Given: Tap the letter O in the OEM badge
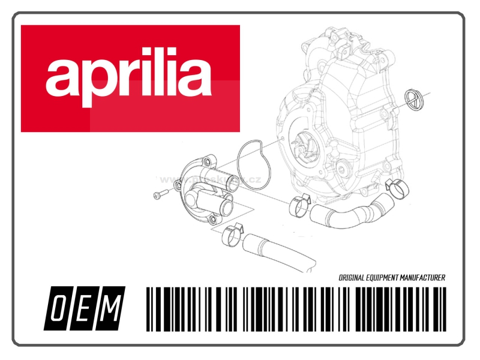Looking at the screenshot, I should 58,308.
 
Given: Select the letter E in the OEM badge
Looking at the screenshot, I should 84,308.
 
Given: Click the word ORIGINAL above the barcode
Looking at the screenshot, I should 353,278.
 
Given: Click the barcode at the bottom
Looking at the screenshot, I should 295,308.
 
